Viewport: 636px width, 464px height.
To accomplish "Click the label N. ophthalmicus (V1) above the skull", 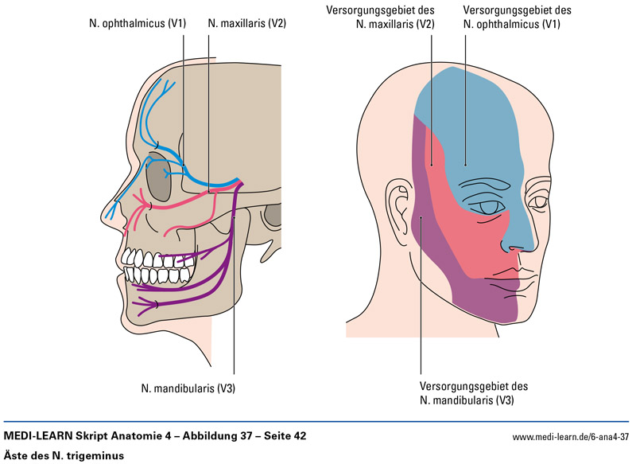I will (x=138, y=24).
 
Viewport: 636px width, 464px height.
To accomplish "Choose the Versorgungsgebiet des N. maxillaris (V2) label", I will (x=380, y=18).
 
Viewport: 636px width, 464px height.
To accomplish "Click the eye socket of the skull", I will (x=161, y=180).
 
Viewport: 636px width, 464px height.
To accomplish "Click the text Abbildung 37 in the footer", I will (x=211, y=436).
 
